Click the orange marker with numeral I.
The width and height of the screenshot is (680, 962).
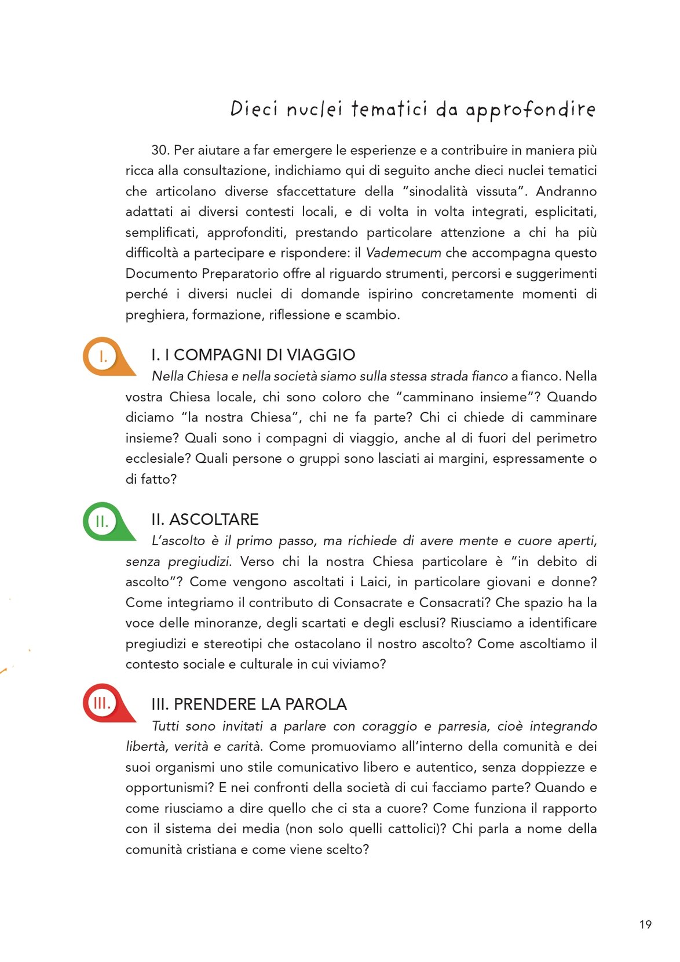[x=103, y=356]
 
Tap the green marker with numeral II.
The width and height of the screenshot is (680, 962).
[x=102, y=521]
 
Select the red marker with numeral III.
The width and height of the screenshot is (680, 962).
[x=102, y=703]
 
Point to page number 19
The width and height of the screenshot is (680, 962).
[x=645, y=925]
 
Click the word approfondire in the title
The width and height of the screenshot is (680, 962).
[x=530, y=110]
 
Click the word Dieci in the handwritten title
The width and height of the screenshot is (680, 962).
[x=254, y=108]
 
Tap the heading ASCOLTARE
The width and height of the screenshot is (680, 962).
[x=214, y=520]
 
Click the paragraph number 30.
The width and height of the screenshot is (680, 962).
[x=160, y=150]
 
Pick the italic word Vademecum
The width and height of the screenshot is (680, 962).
[x=403, y=253]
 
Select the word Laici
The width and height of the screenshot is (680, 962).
[x=375, y=582]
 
